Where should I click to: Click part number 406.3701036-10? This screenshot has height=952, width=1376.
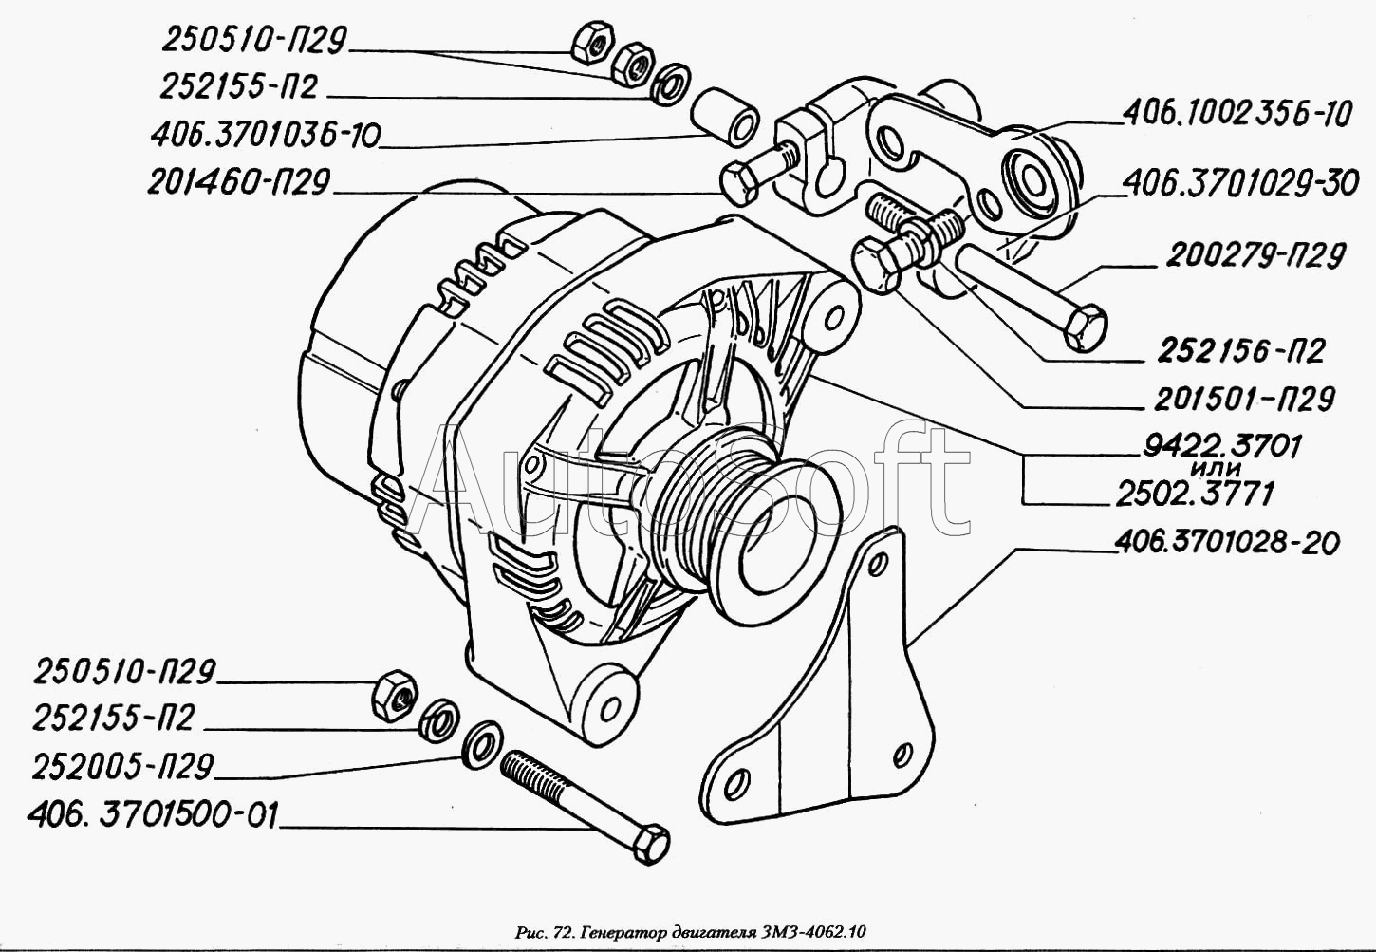265,136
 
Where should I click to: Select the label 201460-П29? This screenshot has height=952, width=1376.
238,182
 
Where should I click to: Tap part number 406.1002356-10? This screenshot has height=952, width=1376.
1237,115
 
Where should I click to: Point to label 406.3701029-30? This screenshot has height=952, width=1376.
1241,183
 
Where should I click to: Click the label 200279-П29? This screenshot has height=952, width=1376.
1255,255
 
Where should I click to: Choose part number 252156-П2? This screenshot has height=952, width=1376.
1239,351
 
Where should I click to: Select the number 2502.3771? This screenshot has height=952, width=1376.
1195,494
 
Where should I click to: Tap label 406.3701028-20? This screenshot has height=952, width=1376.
1226,543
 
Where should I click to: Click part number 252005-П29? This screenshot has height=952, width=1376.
123,767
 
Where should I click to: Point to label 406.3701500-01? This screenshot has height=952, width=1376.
153,814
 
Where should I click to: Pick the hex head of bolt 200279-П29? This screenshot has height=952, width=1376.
1085,326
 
